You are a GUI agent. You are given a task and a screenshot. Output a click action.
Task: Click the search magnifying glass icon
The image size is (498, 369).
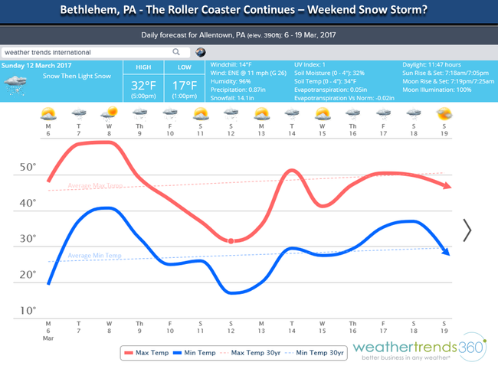(176, 52)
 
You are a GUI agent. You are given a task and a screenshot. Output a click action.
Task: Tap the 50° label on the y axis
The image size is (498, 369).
(28, 167)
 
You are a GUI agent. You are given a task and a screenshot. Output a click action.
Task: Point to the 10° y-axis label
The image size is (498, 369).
(28, 311)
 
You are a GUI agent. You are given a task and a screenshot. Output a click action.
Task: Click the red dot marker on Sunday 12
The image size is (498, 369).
(231, 241)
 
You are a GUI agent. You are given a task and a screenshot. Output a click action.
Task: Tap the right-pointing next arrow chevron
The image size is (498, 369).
(467, 229)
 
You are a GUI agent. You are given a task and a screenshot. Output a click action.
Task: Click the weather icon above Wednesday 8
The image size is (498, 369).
(109, 115)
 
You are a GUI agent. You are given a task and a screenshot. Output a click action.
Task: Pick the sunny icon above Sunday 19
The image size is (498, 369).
(444, 115)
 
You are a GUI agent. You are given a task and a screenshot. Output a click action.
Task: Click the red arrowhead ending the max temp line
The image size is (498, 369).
(447, 187)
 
